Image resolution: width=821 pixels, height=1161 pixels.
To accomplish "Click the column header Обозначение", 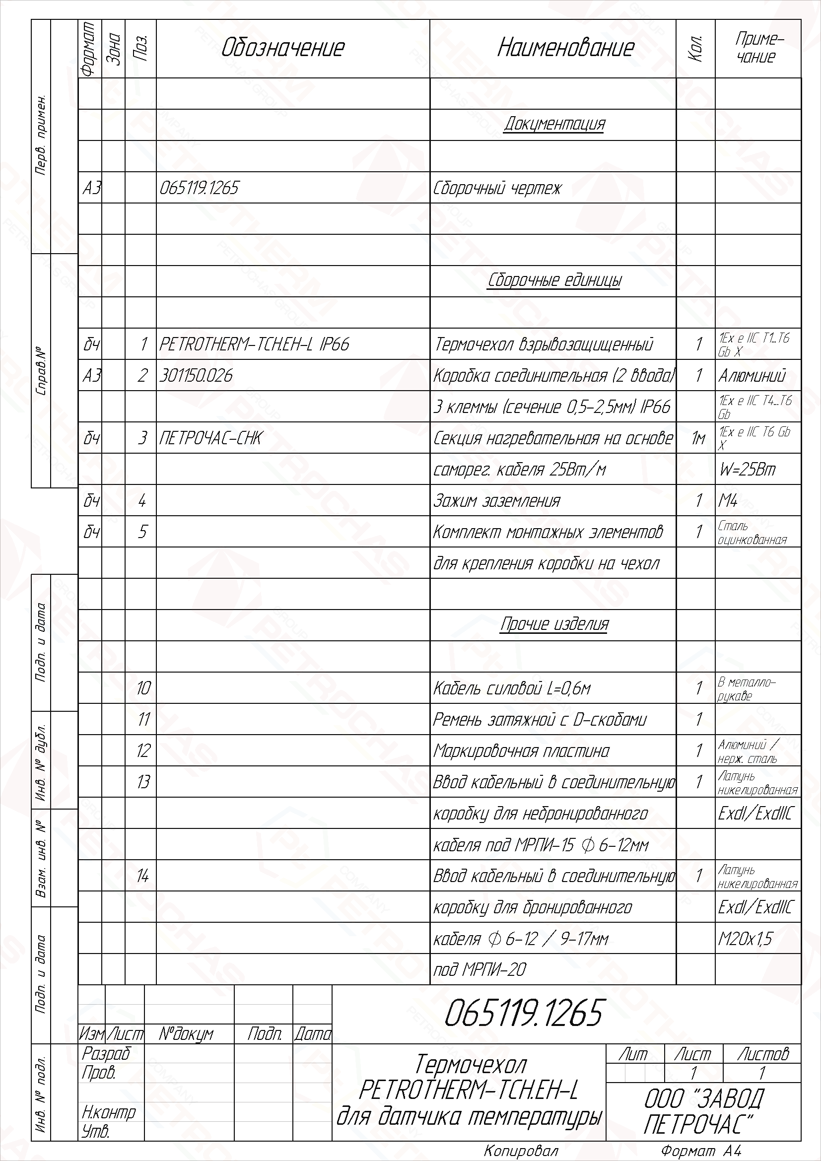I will [x=282, y=48].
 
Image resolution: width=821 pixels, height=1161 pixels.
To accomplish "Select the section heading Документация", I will [x=554, y=125].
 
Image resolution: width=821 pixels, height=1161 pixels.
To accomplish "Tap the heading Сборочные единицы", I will [x=554, y=280].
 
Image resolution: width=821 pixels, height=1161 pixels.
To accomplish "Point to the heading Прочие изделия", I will [x=554, y=624].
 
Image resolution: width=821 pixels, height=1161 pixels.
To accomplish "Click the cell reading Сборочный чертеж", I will [x=497, y=188].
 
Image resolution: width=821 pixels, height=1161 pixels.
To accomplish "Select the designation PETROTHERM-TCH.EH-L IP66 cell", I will [x=254, y=344].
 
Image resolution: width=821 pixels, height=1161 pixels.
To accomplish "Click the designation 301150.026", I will [x=196, y=376].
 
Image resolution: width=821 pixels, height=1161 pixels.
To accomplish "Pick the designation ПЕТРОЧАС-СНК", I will [x=210, y=438].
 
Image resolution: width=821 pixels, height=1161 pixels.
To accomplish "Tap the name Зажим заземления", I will [x=496, y=501].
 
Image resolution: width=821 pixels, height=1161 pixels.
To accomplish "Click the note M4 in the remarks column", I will [x=728, y=501].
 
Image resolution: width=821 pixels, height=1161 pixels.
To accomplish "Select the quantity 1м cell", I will [x=697, y=438].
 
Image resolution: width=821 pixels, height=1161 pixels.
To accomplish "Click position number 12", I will [x=143, y=751].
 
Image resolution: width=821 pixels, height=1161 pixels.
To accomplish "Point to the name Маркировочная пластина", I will [x=521, y=751].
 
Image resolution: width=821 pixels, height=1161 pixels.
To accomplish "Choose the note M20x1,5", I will [x=745, y=939].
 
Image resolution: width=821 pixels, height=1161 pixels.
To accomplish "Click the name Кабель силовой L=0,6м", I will [x=512, y=688].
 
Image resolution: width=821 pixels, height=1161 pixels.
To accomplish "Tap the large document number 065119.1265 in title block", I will [x=523, y=1013].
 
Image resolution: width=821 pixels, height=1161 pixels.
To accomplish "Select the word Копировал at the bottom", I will [x=521, y=1152].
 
